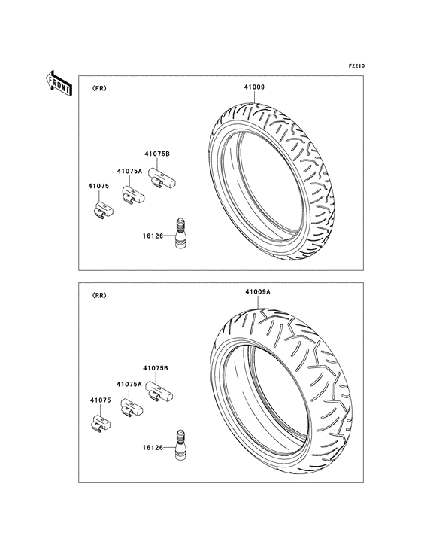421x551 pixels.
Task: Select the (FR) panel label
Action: (x=99, y=89)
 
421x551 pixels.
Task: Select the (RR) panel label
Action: (x=99, y=296)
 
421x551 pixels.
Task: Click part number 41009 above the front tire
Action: (x=254, y=87)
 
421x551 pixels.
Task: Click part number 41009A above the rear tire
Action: (x=258, y=291)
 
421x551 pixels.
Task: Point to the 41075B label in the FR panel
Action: (x=157, y=154)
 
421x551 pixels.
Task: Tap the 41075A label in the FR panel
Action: (x=129, y=171)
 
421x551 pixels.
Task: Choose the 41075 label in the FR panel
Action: (x=98, y=186)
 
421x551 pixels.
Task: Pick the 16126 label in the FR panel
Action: (x=153, y=236)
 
